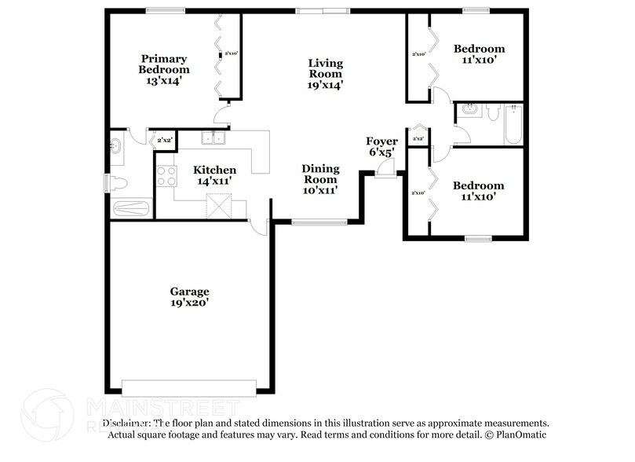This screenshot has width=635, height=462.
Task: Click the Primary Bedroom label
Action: (x=163, y=69)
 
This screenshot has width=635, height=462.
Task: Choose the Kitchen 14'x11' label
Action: (x=214, y=175)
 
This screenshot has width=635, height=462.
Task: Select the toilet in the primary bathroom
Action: (x=118, y=183)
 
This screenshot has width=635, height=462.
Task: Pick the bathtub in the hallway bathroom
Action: (x=513, y=125)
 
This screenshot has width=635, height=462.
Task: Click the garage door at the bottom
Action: (x=189, y=387)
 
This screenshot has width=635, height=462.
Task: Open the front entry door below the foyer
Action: (x=385, y=174)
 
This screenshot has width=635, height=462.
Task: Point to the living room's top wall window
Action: (x=322, y=11)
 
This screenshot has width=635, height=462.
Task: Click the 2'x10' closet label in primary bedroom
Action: (x=231, y=53)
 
